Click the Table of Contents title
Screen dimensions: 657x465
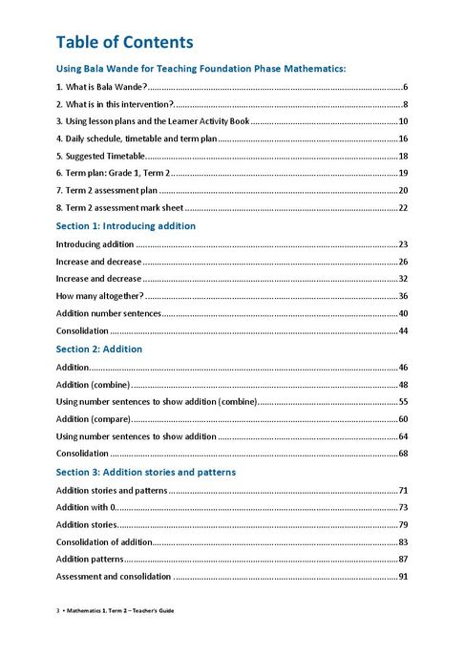124,42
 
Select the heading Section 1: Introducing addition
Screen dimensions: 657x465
126,226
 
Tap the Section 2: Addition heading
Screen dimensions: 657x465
99,350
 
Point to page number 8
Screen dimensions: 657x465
406,104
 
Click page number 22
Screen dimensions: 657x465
403,208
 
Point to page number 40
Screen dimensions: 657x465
403,313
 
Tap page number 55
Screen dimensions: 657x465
403,402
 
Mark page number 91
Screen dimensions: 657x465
403,577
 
